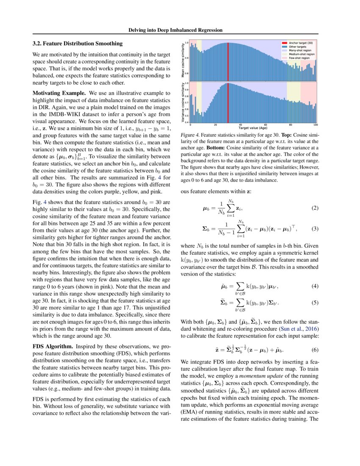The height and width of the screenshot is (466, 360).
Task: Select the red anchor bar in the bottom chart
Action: coord(227,102)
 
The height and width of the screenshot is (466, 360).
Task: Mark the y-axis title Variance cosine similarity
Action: coord(183,102)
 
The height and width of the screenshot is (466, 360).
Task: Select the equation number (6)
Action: coord(314,350)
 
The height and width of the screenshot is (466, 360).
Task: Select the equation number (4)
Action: coord(314,286)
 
